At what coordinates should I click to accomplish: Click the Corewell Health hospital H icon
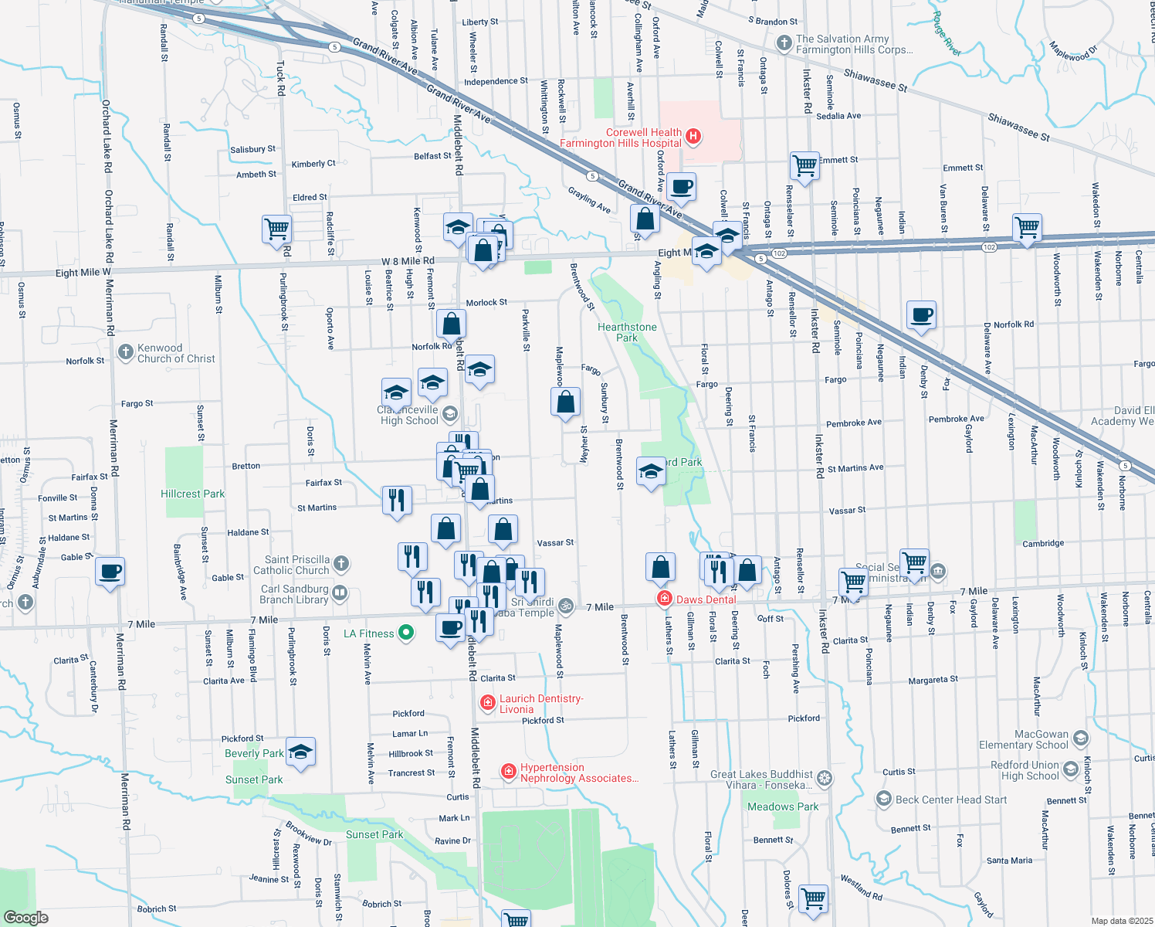click(693, 138)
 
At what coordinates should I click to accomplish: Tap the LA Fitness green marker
click(405, 633)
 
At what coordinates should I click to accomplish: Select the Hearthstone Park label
click(627, 332)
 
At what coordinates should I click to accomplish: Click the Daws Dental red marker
click(664, 599)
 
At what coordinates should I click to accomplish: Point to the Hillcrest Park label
click(193, 494)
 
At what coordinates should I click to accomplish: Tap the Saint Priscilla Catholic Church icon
click(341, 565)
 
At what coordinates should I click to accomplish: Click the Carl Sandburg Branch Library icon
click(340, 594)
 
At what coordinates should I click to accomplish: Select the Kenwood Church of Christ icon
click(125, 353)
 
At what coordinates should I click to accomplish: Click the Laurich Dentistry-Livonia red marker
click(487, 702)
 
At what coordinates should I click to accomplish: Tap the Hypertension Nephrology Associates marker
click(508, 771)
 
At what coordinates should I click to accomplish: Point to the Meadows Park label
click(783, 806)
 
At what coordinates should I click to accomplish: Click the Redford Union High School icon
click(1070, 769)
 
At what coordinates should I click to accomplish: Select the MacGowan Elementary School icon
click(1080, 739)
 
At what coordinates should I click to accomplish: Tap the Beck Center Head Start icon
click(884, 799)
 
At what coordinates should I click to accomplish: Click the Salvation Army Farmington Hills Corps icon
click(784, 43)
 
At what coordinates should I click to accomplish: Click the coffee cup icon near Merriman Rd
click(110, 572)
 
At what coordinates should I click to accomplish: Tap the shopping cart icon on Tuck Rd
click(276, 229)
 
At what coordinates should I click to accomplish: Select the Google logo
click(26, 918)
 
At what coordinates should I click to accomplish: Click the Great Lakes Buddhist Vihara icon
click(825, 779)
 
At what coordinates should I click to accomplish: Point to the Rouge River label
click(946, 33)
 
